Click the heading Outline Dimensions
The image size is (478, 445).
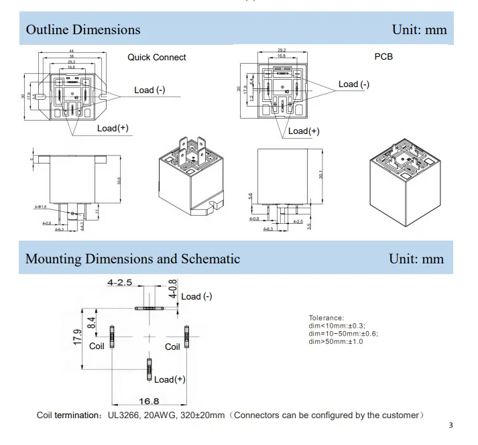(x=83, y=29)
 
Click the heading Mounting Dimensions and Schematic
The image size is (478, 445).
(x=133, y=259)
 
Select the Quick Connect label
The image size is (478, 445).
(x=157, y=58)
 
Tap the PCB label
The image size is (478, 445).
(x=383, y=57)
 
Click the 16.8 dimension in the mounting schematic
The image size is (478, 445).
(x=148, y=401)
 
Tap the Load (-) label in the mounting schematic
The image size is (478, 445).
(x=196, y=296)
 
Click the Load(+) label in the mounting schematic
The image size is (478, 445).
(x=170, y=379)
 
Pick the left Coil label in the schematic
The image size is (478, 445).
(x=97, y=347)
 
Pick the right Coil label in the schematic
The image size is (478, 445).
(x=173, y=347)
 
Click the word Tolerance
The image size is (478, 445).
(x=326, y=318)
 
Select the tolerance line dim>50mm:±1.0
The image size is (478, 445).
(x=336, y=342)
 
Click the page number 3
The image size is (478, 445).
(x=451, y=425)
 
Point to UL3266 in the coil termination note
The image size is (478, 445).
(x=125, y=416)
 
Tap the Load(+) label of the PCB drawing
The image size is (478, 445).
(x=304, y=131)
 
